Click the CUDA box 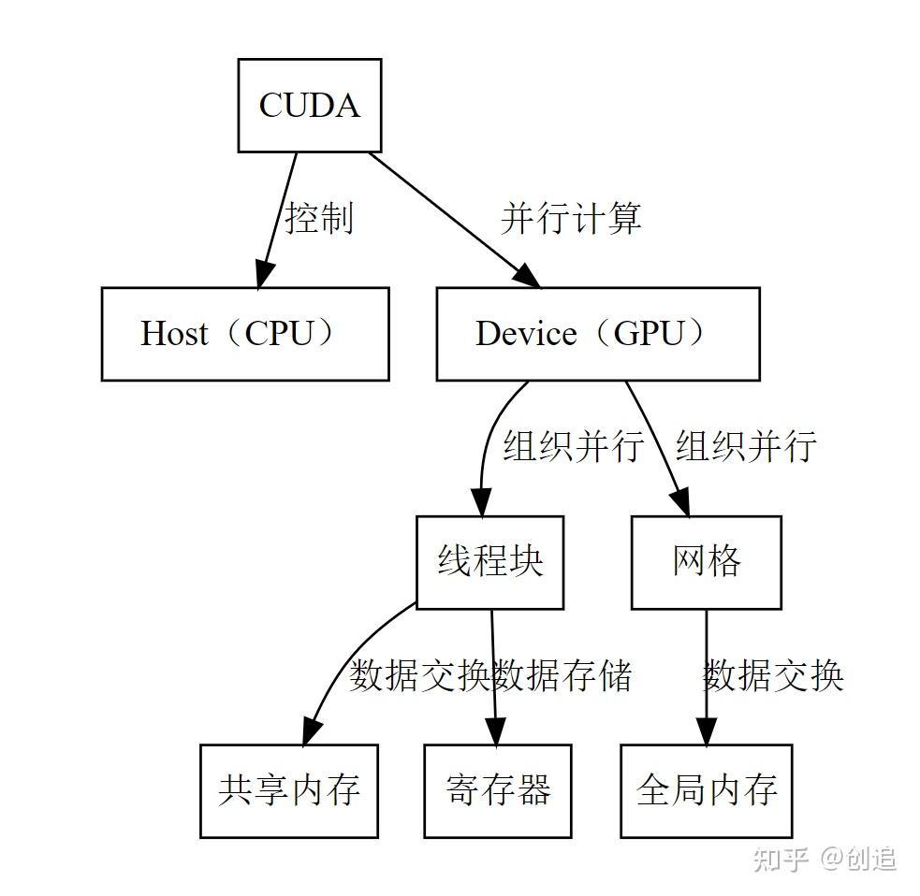tap(309, 105)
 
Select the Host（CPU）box tap(244, 334)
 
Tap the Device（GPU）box tap(597, 334)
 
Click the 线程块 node tap(489, 561)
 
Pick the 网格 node tap(706, 561)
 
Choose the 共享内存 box tap(288, 790)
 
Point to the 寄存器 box tap(497, 790)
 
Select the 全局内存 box tap(706, 790)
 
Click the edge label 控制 tap(319, 218)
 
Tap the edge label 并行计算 tap(571, 218)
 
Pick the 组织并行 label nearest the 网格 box tap(746, 446)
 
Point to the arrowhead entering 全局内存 tap(706, 730)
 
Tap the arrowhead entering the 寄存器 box tap(496, 730)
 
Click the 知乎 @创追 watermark tap(825, 858)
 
